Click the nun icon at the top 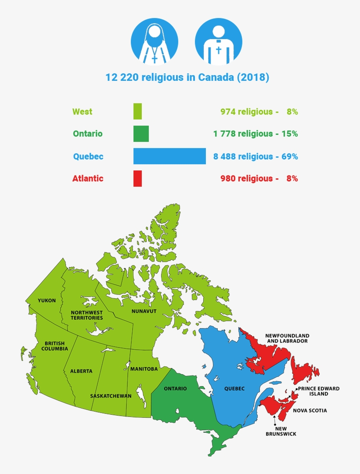pos(154,41)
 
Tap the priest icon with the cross pos(218,41)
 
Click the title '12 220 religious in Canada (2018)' pos(187,78)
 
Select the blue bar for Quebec pos(169,156)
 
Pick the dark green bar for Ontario pos(141,134)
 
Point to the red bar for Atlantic pos(137,178)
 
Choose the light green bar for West pos(137,112)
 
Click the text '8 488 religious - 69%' pos(256,156)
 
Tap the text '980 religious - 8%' pos(259,178)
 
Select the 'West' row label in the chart pos(83,112)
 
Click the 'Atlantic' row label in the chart pos(88,178)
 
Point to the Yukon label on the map pos(47,300)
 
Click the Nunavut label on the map pos(144,311)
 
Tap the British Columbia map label pos(54,346)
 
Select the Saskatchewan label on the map pos(111,396)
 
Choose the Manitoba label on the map pos(144,369)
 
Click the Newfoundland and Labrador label pos(287,338)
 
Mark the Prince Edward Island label pos(318,391)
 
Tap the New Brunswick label pos(281,431)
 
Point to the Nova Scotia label pos(310,411)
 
